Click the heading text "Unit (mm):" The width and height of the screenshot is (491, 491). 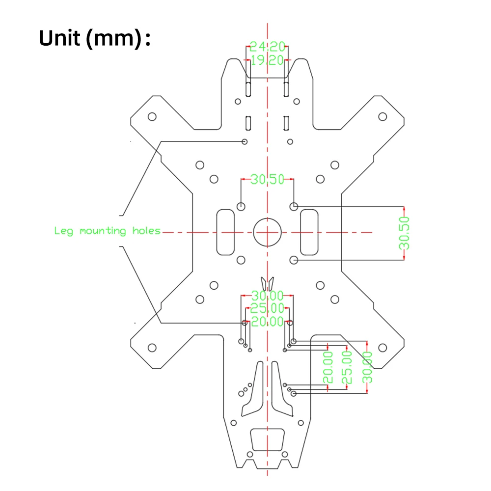click(x=94, y=38)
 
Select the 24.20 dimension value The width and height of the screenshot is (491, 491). click(x=268, y=47)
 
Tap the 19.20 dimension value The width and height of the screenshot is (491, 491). click(x=268, y=60)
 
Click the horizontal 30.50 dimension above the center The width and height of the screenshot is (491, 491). click(x=268, y=180)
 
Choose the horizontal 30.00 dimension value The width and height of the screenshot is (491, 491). click(x=268, y=296)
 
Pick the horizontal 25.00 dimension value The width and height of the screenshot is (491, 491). click(x=268, y=309)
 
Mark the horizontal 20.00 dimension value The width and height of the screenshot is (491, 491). click(x=268, y=322)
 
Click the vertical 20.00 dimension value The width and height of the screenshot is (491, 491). click(x=328, y=367)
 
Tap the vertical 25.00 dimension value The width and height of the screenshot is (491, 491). click(x=347, y=367)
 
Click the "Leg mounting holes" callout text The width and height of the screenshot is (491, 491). click(x=108, y=231)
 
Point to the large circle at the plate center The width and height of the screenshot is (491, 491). click(x=267, y=232)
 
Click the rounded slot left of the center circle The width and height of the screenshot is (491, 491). click(x=226, y=232)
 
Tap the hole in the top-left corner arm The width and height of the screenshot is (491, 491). click(x=152, y=116)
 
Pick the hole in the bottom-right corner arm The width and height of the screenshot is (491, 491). click(x=382, y=348)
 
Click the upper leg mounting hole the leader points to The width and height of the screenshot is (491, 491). click(x=245, y=141)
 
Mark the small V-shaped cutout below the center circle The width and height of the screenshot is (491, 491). click(x=267, y=283)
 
